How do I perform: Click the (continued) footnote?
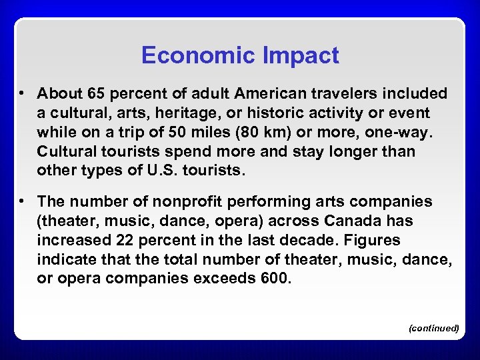[433, 328]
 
